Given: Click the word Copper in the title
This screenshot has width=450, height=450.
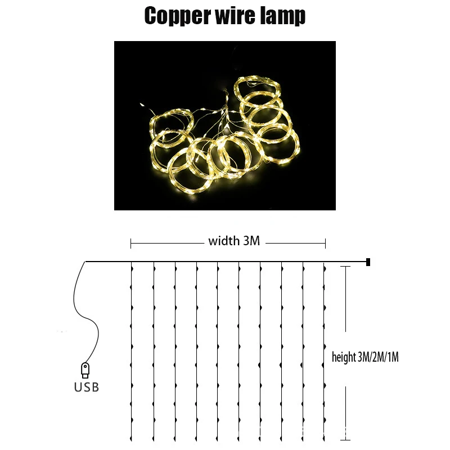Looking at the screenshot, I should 175,17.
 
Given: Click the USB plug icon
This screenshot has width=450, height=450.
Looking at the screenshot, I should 85,370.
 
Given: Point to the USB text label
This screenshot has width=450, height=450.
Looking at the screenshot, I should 86,387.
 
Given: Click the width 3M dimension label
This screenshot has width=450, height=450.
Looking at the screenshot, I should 234,241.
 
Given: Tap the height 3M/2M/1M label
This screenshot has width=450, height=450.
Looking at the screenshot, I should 365,357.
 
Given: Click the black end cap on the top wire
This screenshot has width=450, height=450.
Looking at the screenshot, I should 368,262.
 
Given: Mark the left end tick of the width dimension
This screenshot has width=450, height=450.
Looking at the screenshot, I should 131,244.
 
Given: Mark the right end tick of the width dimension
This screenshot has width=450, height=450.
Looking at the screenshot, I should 326,244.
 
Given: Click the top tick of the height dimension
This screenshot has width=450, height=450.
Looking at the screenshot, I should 345,267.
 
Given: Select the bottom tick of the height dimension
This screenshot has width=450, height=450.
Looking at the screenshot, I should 345,439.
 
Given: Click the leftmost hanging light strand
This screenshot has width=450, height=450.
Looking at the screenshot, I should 131,349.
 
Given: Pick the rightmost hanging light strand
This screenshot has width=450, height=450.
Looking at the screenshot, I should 325,349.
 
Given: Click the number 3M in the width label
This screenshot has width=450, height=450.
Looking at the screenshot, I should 251,241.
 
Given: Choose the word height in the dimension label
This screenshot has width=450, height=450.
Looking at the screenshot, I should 344,357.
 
